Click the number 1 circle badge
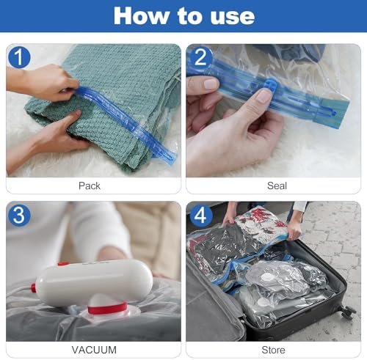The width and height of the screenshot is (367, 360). click(20, 57)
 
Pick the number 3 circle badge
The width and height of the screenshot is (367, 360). click(20, 216)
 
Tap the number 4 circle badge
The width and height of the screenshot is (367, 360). click(200, 216)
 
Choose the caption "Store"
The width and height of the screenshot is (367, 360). click(273, 350)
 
